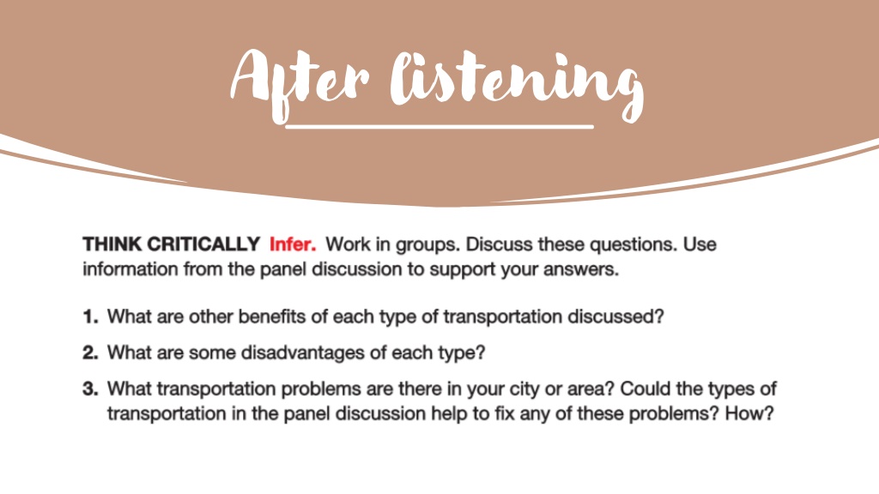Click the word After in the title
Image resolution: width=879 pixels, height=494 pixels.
click(300, 84)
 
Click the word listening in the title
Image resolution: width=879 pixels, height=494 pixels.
click(517, 84)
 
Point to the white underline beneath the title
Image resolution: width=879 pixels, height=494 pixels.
click(439, 127)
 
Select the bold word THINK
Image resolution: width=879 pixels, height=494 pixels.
click(112, 244)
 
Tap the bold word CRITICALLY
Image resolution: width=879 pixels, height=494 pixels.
click(203, 244)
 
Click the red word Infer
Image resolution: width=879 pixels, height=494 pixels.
click(293, 244)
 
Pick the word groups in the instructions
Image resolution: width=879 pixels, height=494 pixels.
click(424, 245)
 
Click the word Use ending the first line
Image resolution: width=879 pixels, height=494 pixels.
click(700, 244)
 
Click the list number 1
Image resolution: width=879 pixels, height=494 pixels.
click(90, 316)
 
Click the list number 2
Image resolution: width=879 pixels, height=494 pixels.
click(90, 352)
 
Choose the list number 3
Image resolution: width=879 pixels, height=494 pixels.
click(90, 389)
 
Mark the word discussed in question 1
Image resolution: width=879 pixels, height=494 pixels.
click(615, 316)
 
